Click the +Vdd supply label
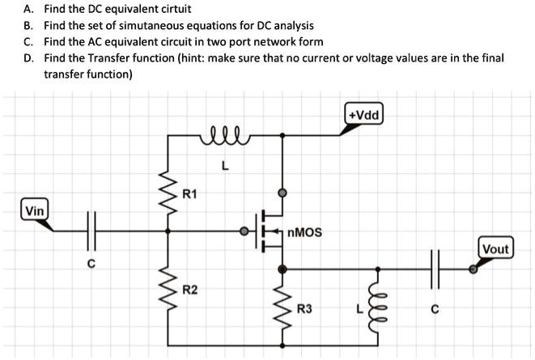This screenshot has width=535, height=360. point(364,114)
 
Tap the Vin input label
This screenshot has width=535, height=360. point(35,211)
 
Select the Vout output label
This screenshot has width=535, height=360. point(495,248)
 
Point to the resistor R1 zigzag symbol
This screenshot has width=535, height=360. point(168,194)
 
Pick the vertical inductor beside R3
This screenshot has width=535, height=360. point(374,306)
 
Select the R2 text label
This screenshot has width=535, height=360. point(189,289)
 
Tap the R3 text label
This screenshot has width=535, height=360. point(304,308)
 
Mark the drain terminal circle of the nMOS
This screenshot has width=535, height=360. point(282,194)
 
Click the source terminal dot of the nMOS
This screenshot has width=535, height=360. point(282,269)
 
